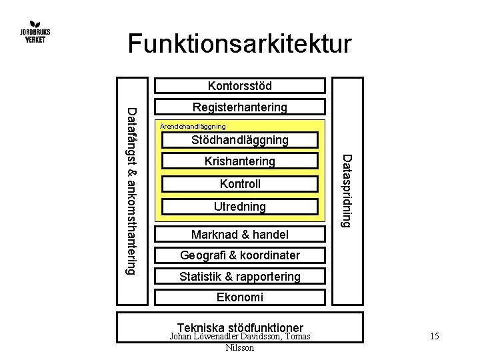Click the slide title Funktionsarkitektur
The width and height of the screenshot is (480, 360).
tap(239, 44)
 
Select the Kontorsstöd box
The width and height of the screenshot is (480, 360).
tap(240, 85)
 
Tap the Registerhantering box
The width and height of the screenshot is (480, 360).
tap(240, 107)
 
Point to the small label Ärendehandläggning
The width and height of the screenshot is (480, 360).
tap(193, 126)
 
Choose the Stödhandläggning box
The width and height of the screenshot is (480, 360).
tap(240, 140)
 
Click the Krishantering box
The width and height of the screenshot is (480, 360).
tap(240, 161)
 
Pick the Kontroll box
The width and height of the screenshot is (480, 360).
tap(240, 184)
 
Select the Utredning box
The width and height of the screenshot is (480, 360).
tap(240, 207)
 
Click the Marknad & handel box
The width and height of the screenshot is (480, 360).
tap(240, 234)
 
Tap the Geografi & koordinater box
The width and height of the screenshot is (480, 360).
tap(240, 255)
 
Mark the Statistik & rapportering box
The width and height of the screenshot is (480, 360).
tap(240, 276)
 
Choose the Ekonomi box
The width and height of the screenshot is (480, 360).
tap(240, 297)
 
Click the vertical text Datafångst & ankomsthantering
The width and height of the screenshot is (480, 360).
tap(131, 190)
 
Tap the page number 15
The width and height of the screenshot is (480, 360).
tap(434, 337)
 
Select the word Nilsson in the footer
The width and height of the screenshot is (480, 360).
tap(240, 347)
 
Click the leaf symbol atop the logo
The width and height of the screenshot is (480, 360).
tap(34, 21)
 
